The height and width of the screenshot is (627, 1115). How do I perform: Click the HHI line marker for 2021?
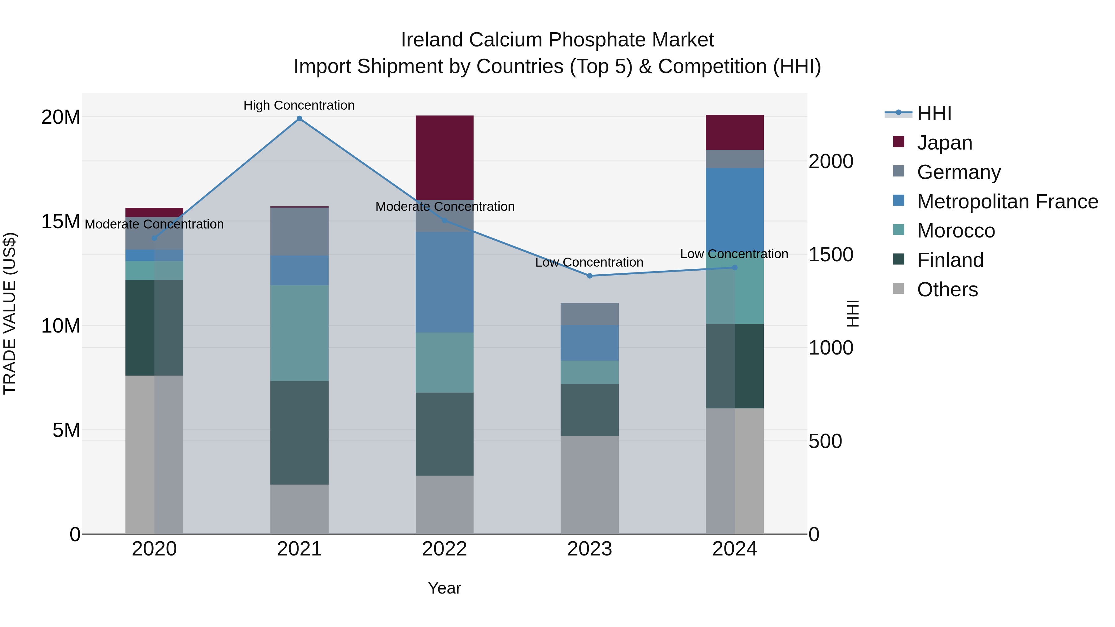[x=299, y=119]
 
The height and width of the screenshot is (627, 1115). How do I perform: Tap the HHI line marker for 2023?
[x=589, y=276]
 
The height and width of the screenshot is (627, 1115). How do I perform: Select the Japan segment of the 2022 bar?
[x=444, y=158]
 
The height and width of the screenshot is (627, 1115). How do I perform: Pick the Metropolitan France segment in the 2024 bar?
[x=735, y=208]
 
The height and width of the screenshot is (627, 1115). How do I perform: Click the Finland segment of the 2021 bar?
[x=299, y=433]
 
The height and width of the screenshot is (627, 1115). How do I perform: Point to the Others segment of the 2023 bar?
[x=589, y=485]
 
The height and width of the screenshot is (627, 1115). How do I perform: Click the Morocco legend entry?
[x=956, y=231]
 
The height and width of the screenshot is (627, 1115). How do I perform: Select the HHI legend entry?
[x=934, y=113]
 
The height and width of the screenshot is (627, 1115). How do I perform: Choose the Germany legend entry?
[x=958, y=172]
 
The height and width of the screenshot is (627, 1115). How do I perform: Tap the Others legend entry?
[x=947, y=290]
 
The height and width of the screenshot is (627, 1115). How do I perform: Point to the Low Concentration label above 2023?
[x=589, y=262]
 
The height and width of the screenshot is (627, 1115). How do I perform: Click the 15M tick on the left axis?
[x=61, y=222]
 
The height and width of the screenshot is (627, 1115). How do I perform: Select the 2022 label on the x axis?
[x=444, y=549]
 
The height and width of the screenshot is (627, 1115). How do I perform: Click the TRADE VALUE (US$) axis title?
[x=10, y=313]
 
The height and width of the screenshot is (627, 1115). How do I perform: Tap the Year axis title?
[x=444, y=588]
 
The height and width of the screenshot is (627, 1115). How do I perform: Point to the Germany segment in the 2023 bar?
[x=589, y=314]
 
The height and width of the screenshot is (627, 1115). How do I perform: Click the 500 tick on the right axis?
[x=825, y=441]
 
